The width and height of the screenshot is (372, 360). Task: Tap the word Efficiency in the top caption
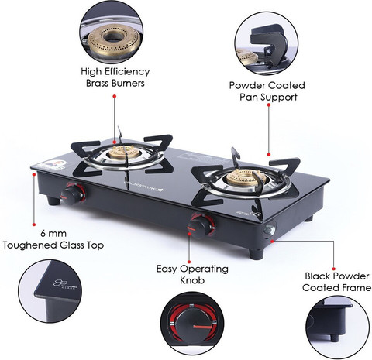(127, 72)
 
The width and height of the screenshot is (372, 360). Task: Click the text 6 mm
(53, 234)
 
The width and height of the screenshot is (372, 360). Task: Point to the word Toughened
(30, 245)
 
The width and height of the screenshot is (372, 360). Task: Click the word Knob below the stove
(192, 280)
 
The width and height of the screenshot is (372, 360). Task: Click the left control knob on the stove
(72, 194)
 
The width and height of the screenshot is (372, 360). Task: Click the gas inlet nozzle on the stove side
(269, 230)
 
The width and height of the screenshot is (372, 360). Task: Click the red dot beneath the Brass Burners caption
(115, 96)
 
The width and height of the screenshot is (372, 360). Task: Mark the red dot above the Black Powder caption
(333, 269)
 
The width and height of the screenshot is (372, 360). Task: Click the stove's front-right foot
(257, 254)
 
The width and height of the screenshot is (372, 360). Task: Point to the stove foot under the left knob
(53, 201)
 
